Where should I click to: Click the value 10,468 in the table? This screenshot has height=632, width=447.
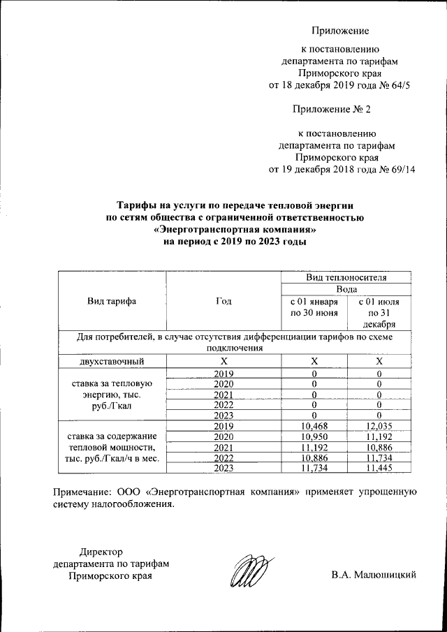(x=314, y=425)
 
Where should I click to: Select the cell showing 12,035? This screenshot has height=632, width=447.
(x=379, y=425)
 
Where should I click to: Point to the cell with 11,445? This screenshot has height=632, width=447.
(x=379, y=467)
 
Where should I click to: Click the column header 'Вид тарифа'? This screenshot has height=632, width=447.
(x=111, y=301)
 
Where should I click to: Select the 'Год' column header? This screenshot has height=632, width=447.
(x=223, y=301)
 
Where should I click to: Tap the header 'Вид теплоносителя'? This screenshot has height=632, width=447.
(x=346, y=277)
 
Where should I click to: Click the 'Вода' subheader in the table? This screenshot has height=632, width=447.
(x=346, y=288)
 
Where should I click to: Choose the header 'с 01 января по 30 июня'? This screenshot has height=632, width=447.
(x=314, y=307)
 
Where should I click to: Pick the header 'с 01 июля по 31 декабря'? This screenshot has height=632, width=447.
(x=379, y=312)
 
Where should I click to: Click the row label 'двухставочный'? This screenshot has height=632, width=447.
(x=111, y=361)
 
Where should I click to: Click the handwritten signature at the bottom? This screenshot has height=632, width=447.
(x=249, y=572)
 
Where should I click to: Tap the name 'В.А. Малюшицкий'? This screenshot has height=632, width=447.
(x=374, y=575)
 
